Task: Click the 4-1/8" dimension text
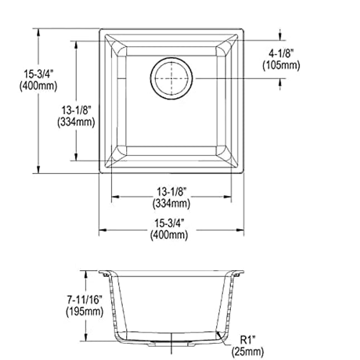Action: (281, 54)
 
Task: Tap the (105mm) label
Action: (281, 65)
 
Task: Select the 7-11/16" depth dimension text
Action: (84, 299)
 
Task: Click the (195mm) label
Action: (84, 311)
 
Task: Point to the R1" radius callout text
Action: (247, 340)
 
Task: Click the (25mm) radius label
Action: (247, 351)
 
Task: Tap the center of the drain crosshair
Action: (171, 79)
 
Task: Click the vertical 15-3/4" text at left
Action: (39, 74)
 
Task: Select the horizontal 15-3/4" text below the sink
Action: (169, 223)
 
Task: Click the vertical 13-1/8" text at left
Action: (76, 110)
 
